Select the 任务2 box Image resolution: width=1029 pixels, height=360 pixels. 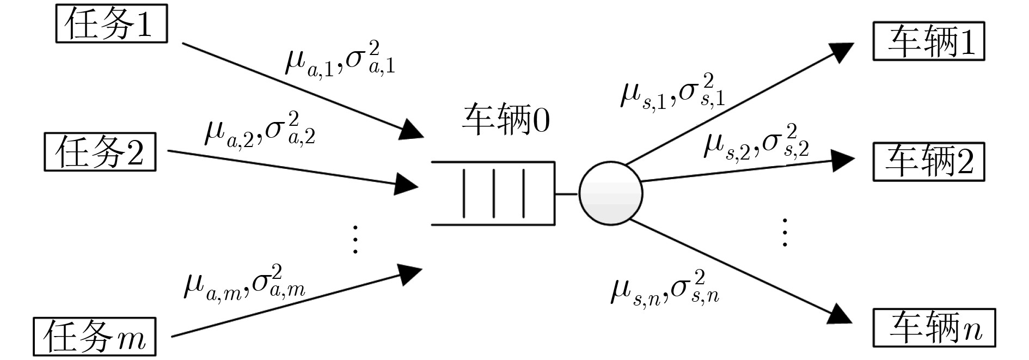point(100,152)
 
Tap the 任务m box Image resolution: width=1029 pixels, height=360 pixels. point(95,337)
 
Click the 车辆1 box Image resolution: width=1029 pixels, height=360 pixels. point(929,41)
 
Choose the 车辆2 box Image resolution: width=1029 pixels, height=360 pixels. point(929,162)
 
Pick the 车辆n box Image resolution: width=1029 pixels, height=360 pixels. point(934,328)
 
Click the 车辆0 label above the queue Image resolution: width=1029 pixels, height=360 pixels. point(506,120)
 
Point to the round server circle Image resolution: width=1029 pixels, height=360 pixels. point(610,193)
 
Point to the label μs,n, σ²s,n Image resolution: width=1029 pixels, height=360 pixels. point(665,288)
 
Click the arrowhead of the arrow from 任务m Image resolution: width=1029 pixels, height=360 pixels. point(409,274)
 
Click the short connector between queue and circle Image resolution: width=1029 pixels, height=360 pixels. point(566,193)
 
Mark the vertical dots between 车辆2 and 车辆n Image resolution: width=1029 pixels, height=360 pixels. point(785,233)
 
